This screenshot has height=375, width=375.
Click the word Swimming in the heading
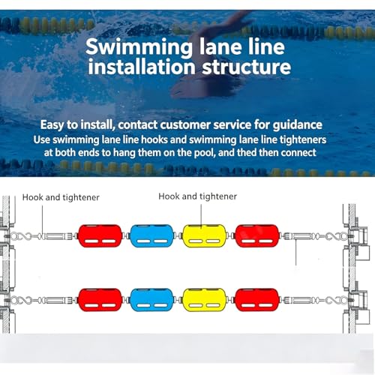click(139, 47)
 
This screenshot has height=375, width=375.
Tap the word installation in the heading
click(142, 67)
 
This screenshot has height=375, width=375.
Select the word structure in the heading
click(247, 67)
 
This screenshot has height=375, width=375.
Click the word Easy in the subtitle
click(52, 124)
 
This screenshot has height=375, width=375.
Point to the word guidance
click(297, 124)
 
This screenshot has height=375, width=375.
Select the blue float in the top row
click(151, 236)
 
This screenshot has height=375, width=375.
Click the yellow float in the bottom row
click(205, 300)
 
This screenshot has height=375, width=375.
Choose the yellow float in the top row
click(205, 236)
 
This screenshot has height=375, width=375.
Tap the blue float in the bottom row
click(151, 300)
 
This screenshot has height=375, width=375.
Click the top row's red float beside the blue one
click(100, 236)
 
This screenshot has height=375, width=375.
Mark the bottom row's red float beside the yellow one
click(257, 300)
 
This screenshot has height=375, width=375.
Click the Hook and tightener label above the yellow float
click(197, 196)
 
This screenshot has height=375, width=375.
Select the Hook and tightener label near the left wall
click(61, 197)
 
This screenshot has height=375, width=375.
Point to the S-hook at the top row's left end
click(22, 236)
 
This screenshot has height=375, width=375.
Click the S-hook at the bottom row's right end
click(337, 300)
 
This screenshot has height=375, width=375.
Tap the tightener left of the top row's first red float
click(57, 236)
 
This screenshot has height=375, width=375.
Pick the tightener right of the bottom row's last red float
click(299, 300)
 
